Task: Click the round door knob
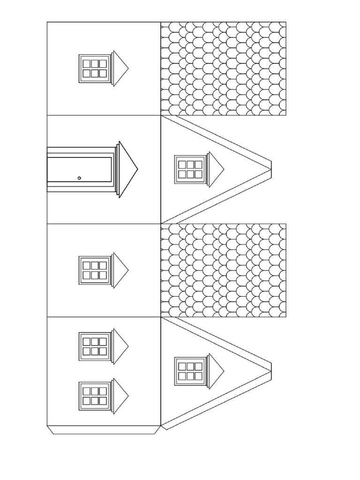tap(79, 178)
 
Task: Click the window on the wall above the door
tap(94, 68)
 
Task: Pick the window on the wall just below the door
tap(94, 270)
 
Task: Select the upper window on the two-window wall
tap(94, 346)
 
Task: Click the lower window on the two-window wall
tap(94, 396)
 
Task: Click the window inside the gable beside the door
tap(190, 169)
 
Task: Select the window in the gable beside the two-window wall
tap(190, 371)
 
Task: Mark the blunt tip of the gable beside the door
tap(269, 169)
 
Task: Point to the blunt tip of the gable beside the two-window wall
tap(269, 371)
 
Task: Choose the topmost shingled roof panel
tap(223, 68)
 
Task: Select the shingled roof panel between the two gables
tap(223, 270)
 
